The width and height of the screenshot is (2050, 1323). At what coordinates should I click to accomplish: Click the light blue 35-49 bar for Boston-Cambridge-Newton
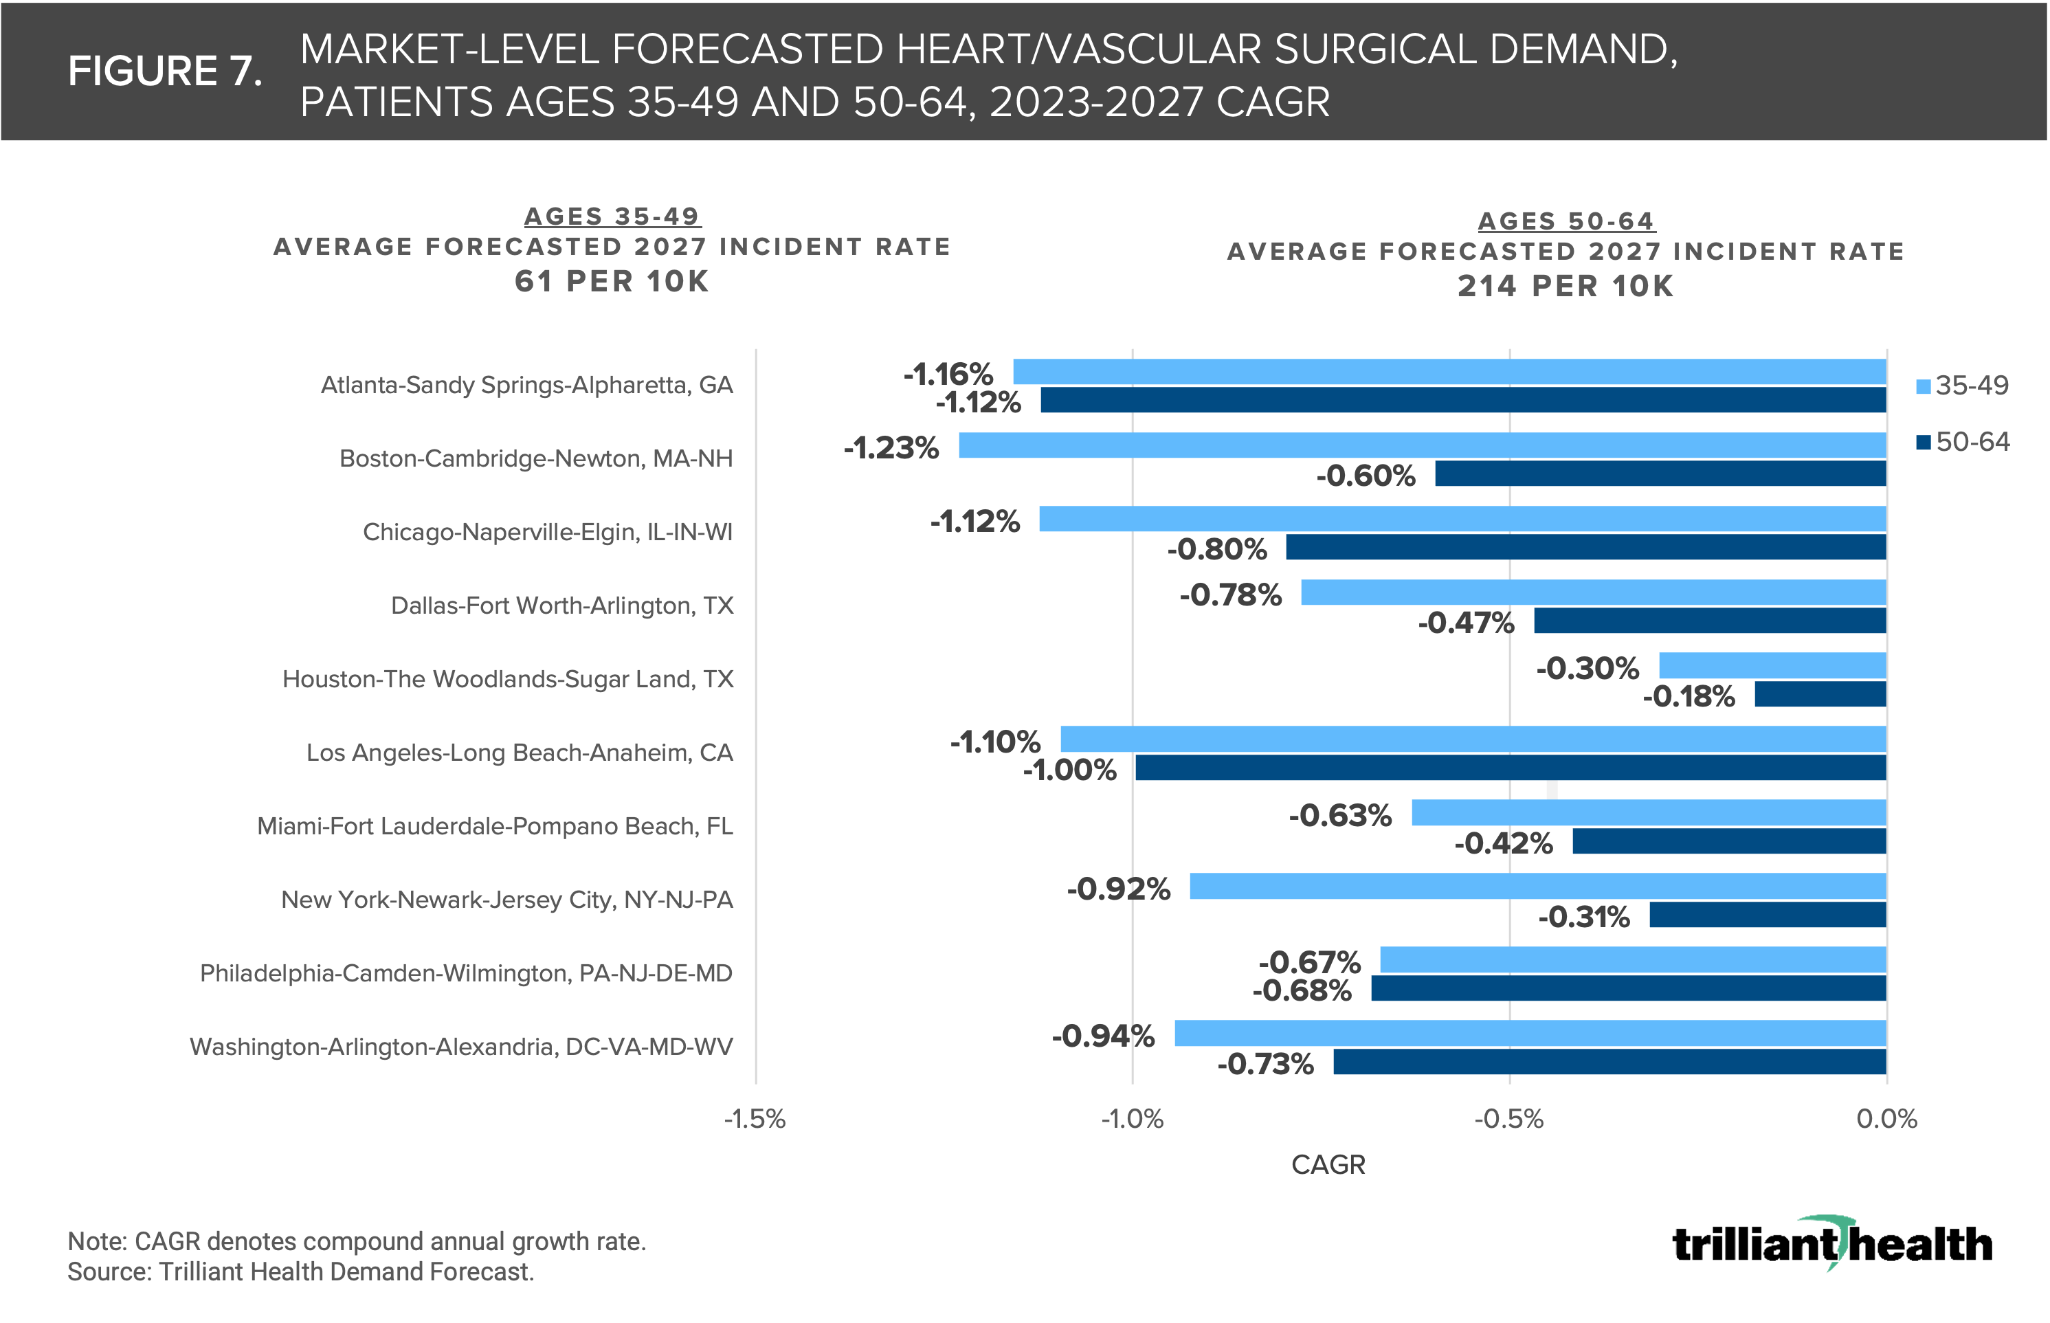pos(1421,445)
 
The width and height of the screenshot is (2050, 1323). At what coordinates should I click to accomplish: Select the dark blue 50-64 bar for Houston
pos(1820,694)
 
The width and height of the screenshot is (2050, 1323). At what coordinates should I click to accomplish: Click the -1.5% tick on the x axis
pos(755,1119)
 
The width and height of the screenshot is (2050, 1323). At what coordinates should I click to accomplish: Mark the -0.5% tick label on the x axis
pos(1509,1119)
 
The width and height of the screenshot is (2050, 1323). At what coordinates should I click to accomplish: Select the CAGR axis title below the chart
pos(1328,1165)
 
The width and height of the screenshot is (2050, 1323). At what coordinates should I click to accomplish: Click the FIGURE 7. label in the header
pos(165,71)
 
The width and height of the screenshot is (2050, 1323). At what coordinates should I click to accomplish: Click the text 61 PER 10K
pos(612,282)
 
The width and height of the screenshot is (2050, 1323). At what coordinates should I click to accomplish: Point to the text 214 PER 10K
pos(1566,286)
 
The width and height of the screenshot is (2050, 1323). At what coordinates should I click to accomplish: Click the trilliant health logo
pos(1832,1243)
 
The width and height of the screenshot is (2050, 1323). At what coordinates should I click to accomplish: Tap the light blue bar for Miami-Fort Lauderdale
pos(1648,812)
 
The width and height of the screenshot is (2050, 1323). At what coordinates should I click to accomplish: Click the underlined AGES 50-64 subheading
pos(1566,221)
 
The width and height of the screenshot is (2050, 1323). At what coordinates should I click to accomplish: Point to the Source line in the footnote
pos(300,1271)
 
